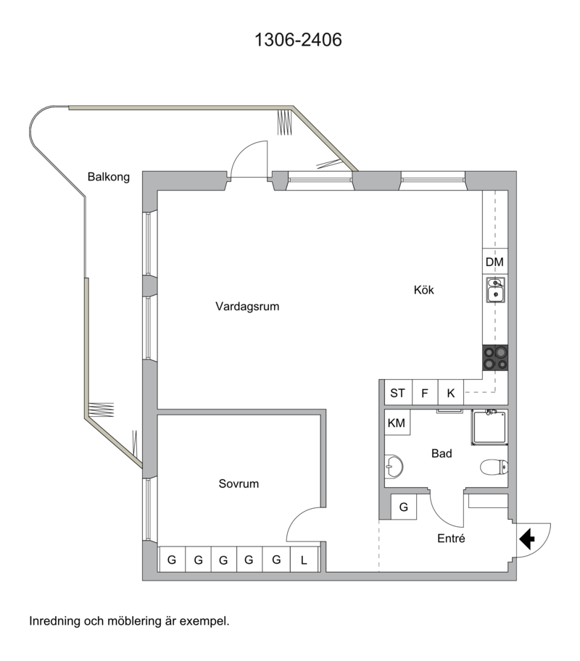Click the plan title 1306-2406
(298, 40)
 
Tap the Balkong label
(109, 177)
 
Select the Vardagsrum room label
(247, 306)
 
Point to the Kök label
(423, 290)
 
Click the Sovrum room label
(239, 483)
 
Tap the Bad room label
(442, 453)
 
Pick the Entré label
(451, 539)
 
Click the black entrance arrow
(527, 539)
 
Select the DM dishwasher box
(494, 262)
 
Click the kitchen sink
(496, 289)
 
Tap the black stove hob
(496, 358)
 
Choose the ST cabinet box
(398, 393)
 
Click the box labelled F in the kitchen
(425, 393)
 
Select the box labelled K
(451, 393)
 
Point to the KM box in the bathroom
(397, 423)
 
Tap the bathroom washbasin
(394, 466)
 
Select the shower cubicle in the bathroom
(489, 427)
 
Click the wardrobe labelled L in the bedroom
(304, 560)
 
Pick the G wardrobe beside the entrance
(404, 507)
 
